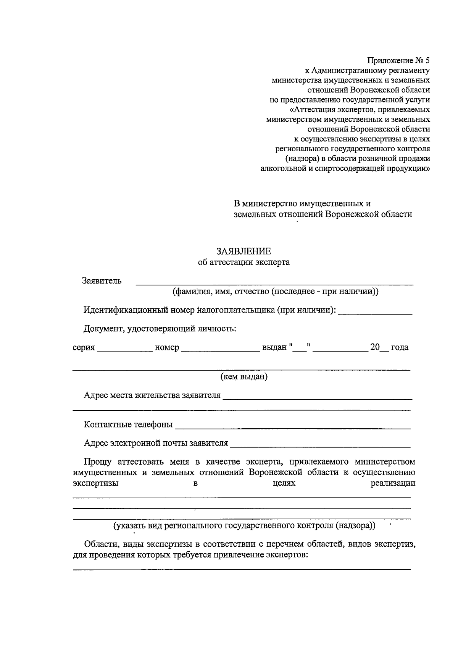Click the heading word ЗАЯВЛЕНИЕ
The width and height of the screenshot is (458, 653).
[x=244, y=251]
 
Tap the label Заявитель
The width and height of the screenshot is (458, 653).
[x=102, y=281]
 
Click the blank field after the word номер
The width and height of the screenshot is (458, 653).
[x=220, y=349]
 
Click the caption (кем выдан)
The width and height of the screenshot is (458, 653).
[x=244, y=377]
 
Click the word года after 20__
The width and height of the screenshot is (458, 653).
[x=400, y=347]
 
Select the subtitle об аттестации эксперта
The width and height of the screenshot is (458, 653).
[x=244, y=262]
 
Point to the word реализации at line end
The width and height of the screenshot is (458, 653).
[x=393, y=483]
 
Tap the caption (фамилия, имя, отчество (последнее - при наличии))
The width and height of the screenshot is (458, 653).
[x=275, y=292]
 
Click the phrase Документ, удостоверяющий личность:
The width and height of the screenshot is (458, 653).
[x=160, y=329]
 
